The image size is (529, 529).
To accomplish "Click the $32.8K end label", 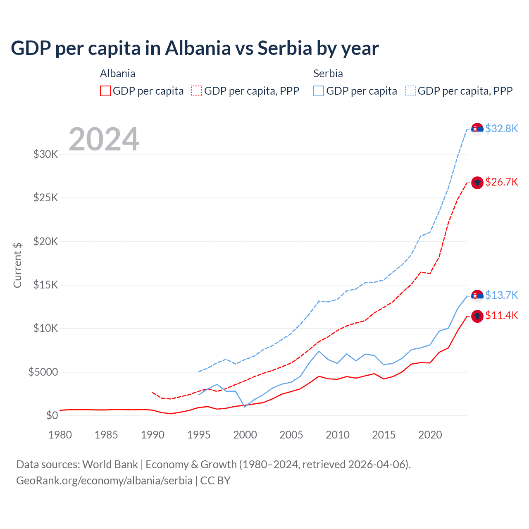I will point(501,129).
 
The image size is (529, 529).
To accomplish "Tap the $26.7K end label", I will point(501,182).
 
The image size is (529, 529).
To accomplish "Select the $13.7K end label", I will point(501,295).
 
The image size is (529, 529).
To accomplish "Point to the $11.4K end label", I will point(501,316).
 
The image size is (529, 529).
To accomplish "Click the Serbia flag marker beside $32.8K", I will point(477,129).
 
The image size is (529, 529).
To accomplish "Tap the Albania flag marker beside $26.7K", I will point(477,182).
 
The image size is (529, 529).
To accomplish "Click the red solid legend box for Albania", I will point(105,91).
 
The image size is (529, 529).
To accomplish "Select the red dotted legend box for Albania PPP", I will point(197,91).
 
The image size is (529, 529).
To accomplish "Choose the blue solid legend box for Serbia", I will point(319,91).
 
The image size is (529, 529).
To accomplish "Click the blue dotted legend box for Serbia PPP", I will point(410,91).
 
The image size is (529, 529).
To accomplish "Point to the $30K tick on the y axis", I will point(46,155).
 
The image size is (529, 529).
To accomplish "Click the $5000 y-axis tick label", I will point(43,372).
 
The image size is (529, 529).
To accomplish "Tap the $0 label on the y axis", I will point(52,415).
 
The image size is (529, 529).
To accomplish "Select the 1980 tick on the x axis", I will point(60,435).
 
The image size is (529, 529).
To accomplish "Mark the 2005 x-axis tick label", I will point(291,435).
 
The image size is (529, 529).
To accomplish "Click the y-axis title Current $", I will point(17,265).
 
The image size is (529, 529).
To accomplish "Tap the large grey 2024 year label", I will point(104,139).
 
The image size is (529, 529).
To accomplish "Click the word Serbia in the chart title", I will point(285,48).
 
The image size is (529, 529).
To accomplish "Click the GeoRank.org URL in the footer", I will point(104,481).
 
